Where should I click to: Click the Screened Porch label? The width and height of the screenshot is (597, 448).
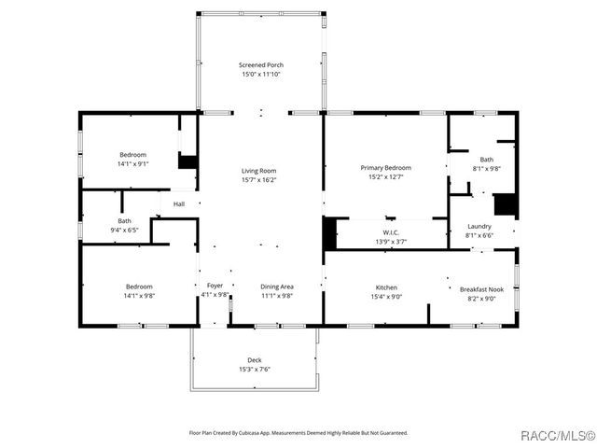pos(260,65)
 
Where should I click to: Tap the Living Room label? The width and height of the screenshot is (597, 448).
pos(259,171)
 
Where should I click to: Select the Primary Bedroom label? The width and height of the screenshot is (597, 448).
pos(385,168)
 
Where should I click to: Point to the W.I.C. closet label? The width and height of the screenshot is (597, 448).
pos(391,232)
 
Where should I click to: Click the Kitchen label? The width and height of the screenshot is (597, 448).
pos(386,287)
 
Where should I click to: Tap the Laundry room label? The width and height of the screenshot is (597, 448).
pos(479,226)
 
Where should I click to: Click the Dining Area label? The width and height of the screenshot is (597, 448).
pos(276,287)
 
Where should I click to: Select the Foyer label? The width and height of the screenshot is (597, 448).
pos(215,287)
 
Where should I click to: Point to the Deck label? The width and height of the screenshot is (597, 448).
pos(255,360)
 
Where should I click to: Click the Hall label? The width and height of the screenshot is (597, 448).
pos(178,203)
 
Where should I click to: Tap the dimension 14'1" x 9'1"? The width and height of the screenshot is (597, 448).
pos(133,163)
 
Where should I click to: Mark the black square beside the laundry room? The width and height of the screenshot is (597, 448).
pos(505,204)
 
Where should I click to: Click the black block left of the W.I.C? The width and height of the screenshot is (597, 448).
pos(328,232)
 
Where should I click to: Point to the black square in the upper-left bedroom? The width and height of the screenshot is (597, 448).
pos(187,161)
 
